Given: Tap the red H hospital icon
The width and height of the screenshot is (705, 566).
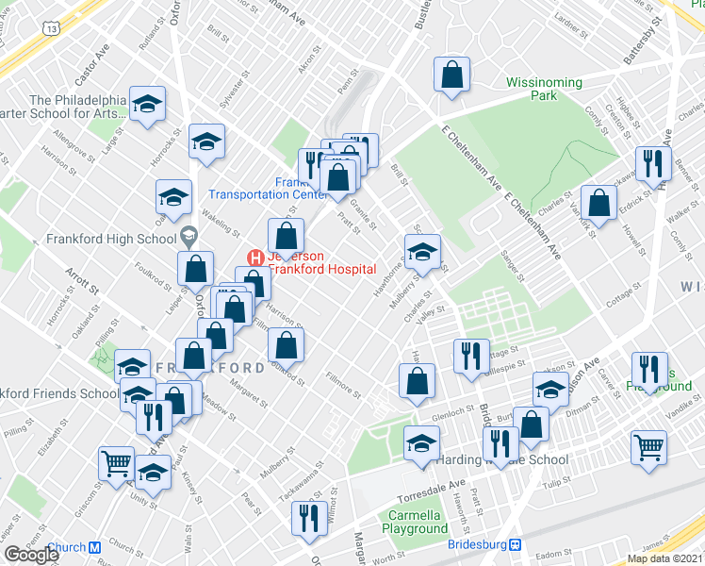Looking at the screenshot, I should tap(254, 257).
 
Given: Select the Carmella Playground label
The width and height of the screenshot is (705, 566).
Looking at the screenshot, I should tap(416, 522).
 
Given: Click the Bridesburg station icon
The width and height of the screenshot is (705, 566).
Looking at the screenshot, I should tap(516, 545).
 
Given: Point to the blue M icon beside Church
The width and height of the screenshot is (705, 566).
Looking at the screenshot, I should tap(94, 547).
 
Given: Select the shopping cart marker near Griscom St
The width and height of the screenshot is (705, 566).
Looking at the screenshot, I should tap(116, 463).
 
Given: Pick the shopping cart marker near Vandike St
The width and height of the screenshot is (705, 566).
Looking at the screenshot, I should tap(648, 447).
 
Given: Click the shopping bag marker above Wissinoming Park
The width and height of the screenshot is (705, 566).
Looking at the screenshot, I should tap(452, 75).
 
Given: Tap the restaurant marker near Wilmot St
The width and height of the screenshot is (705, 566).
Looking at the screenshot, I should tap(306, 518).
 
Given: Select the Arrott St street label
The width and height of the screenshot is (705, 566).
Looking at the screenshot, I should tap(82, 284).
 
